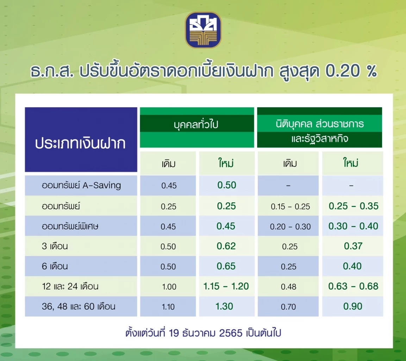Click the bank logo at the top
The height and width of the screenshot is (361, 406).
[x=203, y=30]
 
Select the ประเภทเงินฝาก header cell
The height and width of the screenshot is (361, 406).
[x=81, y=144]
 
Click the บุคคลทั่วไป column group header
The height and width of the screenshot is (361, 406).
[x=196, y=124]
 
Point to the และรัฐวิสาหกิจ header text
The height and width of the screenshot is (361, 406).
[x=319, y=139]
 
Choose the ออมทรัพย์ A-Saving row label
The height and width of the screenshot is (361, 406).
[x=81, y=185]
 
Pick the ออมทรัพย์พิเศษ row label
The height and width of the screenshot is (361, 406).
[x=70, y=226]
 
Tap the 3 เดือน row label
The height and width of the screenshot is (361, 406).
[x=55, y=246]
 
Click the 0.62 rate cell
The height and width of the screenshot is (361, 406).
[x=226, y=246]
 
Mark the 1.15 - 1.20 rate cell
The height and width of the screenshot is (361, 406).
[x=226, y=286]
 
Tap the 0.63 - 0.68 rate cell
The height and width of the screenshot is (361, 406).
[x=353, y=286]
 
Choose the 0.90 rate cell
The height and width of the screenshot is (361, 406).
[x=353, y=306]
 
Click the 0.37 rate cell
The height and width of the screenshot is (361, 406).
[x=353, y=246]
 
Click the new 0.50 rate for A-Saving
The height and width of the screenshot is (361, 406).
[x=226, y=185]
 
